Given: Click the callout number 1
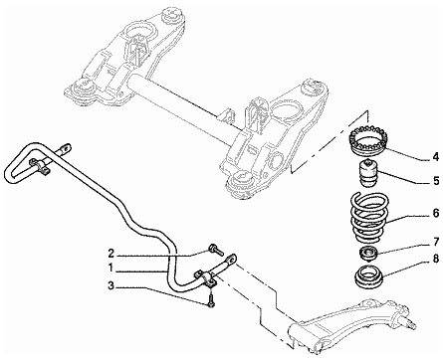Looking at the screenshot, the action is click(111, 268).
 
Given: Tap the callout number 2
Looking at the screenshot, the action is click(111, 254).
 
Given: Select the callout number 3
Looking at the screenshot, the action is click(111, 285).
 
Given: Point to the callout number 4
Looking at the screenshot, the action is click(435, 157).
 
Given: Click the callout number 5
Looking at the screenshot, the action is click(436, 181).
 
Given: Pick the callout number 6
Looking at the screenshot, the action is click(436, 213).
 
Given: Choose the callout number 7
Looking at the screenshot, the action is click(436, 242).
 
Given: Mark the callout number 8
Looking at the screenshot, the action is click(436, 259).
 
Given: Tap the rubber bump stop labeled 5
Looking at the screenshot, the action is click(369, 173).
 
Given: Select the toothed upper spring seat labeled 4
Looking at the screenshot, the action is click(368, 140).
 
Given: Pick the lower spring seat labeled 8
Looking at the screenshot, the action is click(369, 278).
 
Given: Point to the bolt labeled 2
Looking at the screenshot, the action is click(214, 250).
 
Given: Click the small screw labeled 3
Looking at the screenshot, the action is click(211, 300).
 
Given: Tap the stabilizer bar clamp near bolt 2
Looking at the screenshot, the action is click(206, 278).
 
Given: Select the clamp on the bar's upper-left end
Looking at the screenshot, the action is click(40, 166).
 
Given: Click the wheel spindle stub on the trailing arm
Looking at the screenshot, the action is click(410, 323).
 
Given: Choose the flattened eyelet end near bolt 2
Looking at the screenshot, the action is click(232, 259).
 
